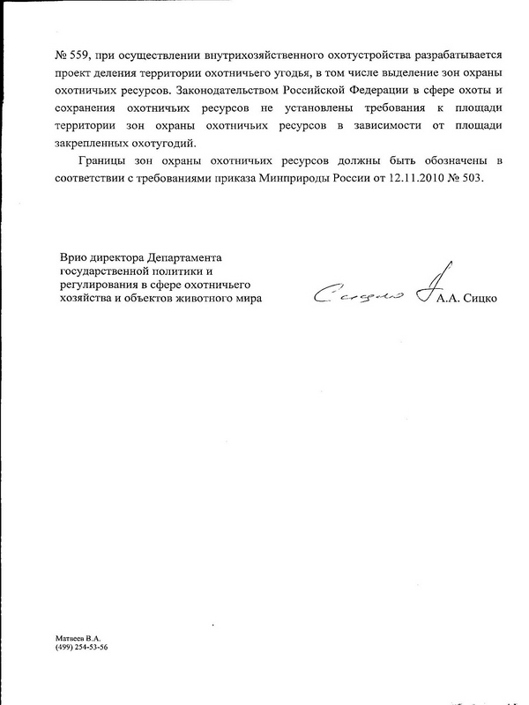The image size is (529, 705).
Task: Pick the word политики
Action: tap(175, 271)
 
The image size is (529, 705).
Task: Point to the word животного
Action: tap(205, 299)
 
